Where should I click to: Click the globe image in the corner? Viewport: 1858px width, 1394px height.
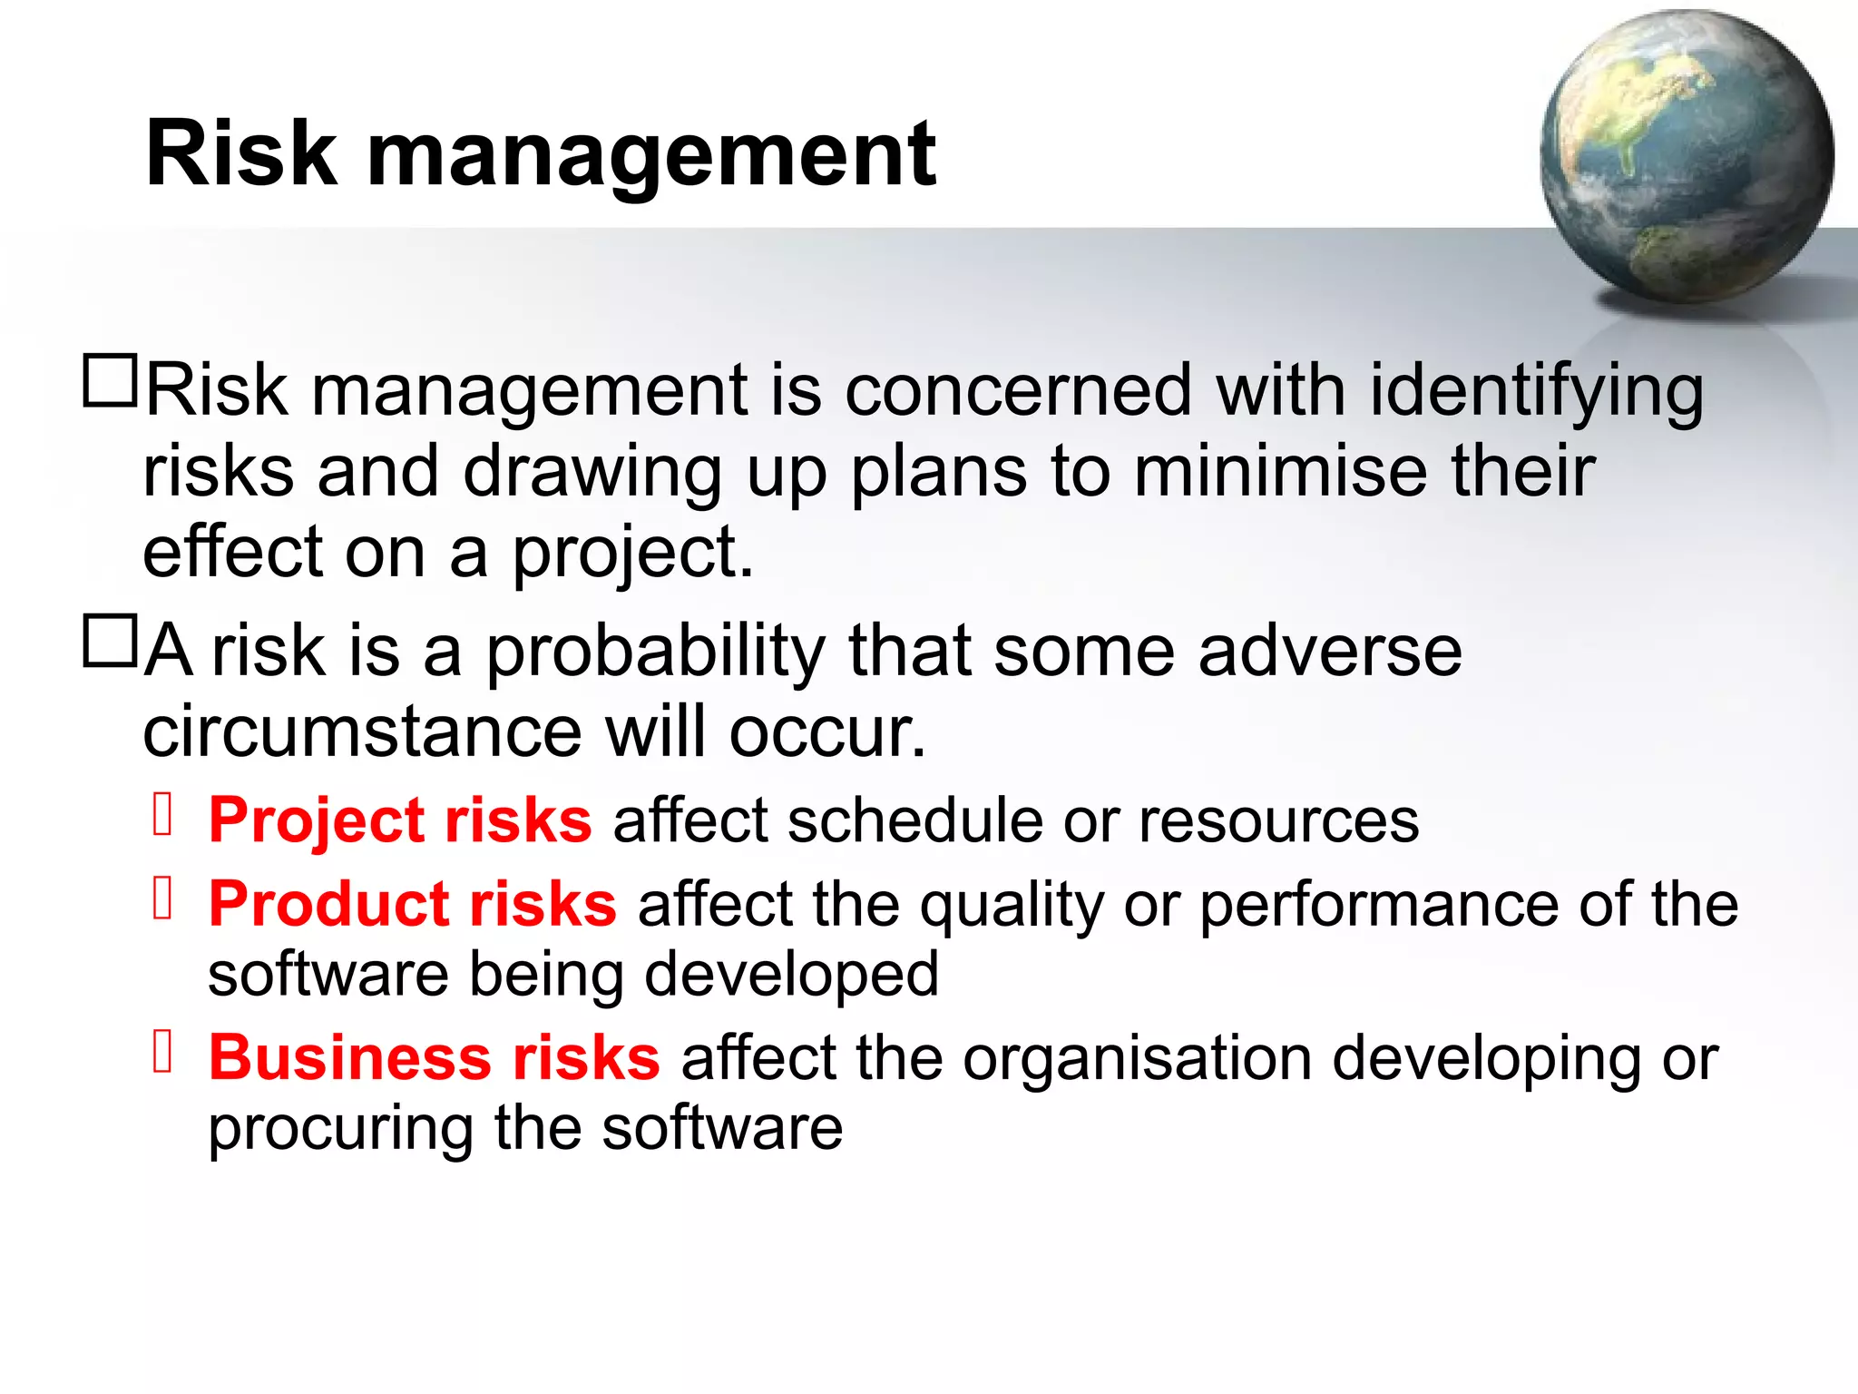coord(1686,156)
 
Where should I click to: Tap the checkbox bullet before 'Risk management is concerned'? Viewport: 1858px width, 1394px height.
coord(110,381)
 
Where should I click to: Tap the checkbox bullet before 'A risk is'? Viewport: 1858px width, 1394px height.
coord(110,642)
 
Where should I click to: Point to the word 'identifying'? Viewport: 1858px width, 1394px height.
coord(1536,392)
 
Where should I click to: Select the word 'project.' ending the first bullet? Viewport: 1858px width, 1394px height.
coord(633,553)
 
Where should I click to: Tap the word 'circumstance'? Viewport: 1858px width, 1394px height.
coord(362,731)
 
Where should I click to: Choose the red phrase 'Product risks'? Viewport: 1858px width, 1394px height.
coord(413,905)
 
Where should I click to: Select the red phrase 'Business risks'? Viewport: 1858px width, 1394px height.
coord(434,1058)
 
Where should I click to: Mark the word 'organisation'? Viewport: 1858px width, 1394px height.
coord(1137,1058)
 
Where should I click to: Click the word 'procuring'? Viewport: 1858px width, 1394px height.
coord(340,1130)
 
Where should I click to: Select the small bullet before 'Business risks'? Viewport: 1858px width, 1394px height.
coord(163,1053)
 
